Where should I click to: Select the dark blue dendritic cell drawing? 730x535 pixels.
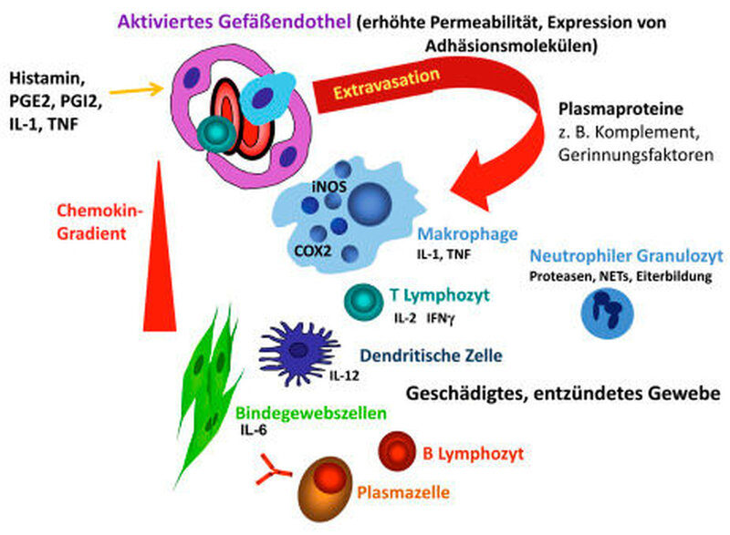point(297,348)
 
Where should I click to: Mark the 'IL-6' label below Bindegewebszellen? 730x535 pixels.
point(255,429)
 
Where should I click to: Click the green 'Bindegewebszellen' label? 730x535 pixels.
point(310,413)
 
